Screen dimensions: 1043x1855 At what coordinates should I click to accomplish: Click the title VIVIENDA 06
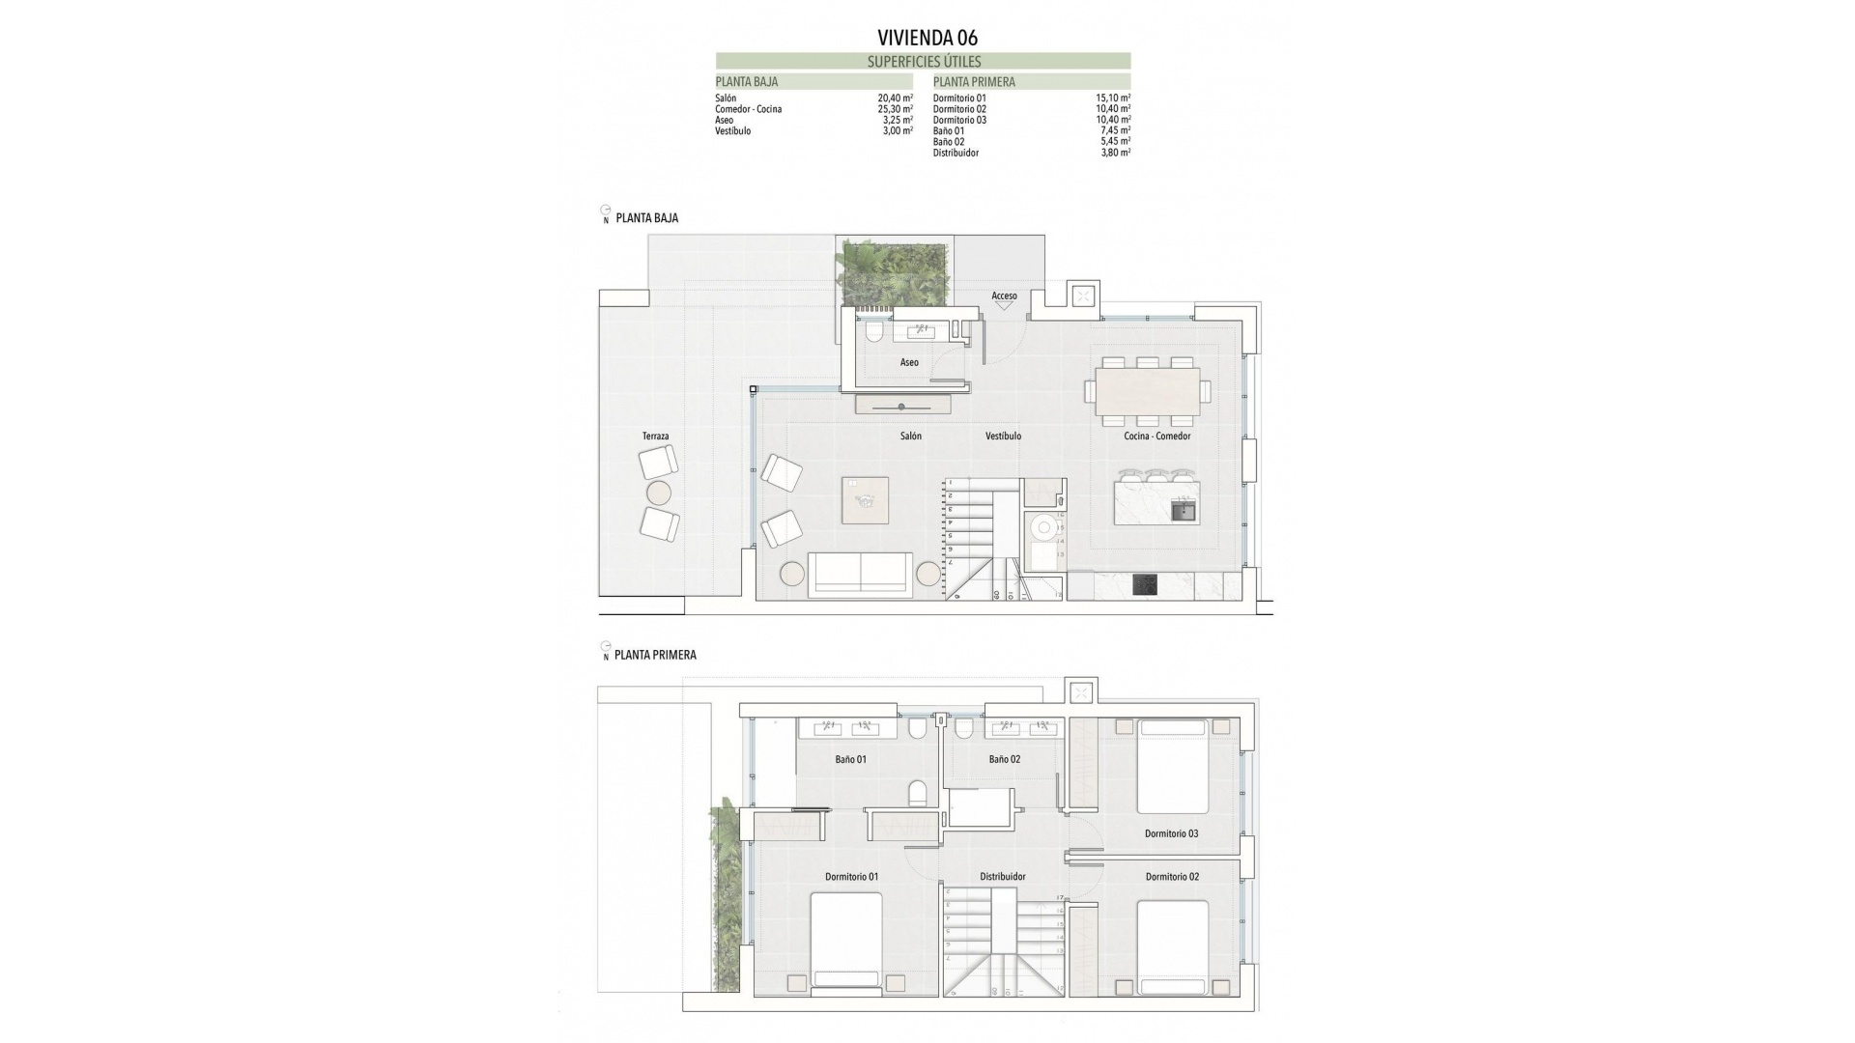(x=927, y=38)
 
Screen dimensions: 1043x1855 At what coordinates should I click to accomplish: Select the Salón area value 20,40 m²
(x=895, y=99)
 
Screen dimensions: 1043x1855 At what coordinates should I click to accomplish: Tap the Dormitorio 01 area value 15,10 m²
(x=1113, y=99)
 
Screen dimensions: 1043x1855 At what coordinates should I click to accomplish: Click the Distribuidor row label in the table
(x=956, y=153)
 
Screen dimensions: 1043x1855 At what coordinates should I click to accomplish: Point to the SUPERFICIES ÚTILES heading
(x=924, y=61)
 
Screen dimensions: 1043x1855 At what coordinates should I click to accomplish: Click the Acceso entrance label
(x=1004, y=296)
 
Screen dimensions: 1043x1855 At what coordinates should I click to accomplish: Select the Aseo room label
(x=909, y=362)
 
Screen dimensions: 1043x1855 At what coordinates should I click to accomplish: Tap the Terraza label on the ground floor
(x=655, y=437)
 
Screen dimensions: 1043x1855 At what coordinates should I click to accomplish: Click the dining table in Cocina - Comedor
(x=1147, y=391)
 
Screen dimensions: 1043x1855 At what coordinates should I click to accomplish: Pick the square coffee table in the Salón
(x=865, y=500)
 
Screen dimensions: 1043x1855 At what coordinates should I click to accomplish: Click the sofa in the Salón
(x=860, y=573)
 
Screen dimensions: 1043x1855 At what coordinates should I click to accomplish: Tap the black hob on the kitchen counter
(x=1145, y=585)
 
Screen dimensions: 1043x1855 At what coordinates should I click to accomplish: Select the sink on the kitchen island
(x=1183, y=510)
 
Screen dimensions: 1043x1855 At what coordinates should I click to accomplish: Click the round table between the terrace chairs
(x=658, y=493)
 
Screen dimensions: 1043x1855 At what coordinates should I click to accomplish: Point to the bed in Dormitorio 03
(x=1173, y=766)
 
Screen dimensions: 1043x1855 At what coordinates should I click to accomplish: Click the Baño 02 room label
(x=1004, y=759)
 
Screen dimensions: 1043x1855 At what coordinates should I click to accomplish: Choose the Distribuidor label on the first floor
(x=1002, y=877)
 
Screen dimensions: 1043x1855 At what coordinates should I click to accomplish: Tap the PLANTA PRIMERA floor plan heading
(x=654, y=655)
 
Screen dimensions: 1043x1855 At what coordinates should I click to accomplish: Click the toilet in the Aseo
(x=874, y=333)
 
